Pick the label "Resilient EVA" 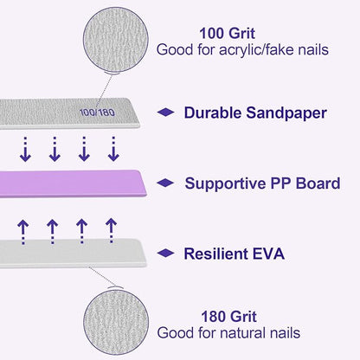[234, 254]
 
